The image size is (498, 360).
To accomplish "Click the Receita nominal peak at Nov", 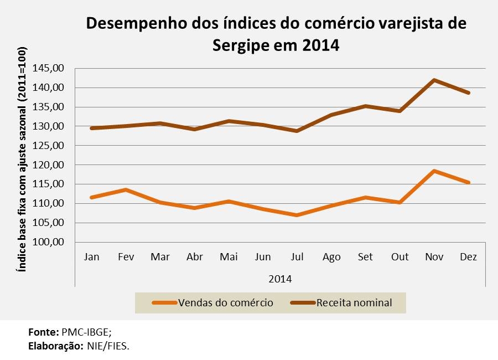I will [x=434, y=80].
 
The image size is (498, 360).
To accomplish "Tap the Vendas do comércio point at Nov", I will [x=434, y=171].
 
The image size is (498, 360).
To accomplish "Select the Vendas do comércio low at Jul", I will [x=297, y=215].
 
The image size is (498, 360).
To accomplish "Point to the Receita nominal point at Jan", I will [x=91, y=128].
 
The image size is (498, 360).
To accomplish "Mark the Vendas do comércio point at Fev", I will [x=126, y=189].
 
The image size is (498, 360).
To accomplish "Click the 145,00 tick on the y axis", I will [x=49, y=68].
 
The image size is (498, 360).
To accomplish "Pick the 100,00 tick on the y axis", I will [x=49, y=242].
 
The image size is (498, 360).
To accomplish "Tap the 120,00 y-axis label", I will [x=49, y=164].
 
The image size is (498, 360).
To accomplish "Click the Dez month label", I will [x=468, y=257].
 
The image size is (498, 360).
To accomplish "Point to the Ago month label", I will [x=331, y=257].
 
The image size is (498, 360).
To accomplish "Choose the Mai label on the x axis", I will [x=229, y=257].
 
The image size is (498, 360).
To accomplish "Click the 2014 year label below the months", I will [x=280, y=278].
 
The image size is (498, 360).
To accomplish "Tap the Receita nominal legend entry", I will [x=354, y=302].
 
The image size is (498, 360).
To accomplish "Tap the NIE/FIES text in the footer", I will [x=111, y=346].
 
